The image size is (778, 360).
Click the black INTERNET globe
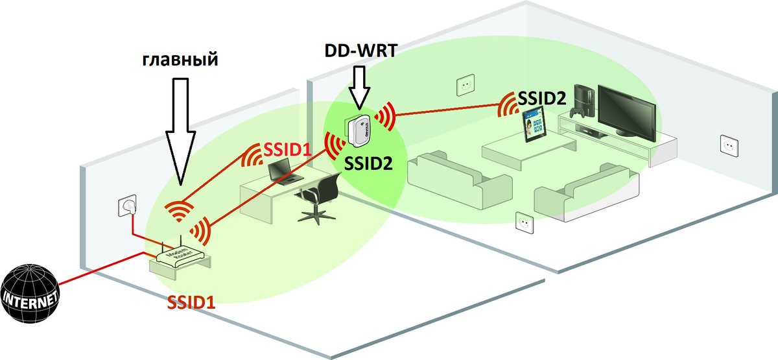[30, 294]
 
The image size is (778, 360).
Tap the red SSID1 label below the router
[193, 303]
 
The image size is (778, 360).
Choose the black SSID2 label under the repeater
[368, 163]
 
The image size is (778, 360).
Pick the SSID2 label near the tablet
[542, 98]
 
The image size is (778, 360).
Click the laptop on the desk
[280, 171]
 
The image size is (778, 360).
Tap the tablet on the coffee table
[535, 126]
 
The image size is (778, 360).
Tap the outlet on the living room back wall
[465, 84]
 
